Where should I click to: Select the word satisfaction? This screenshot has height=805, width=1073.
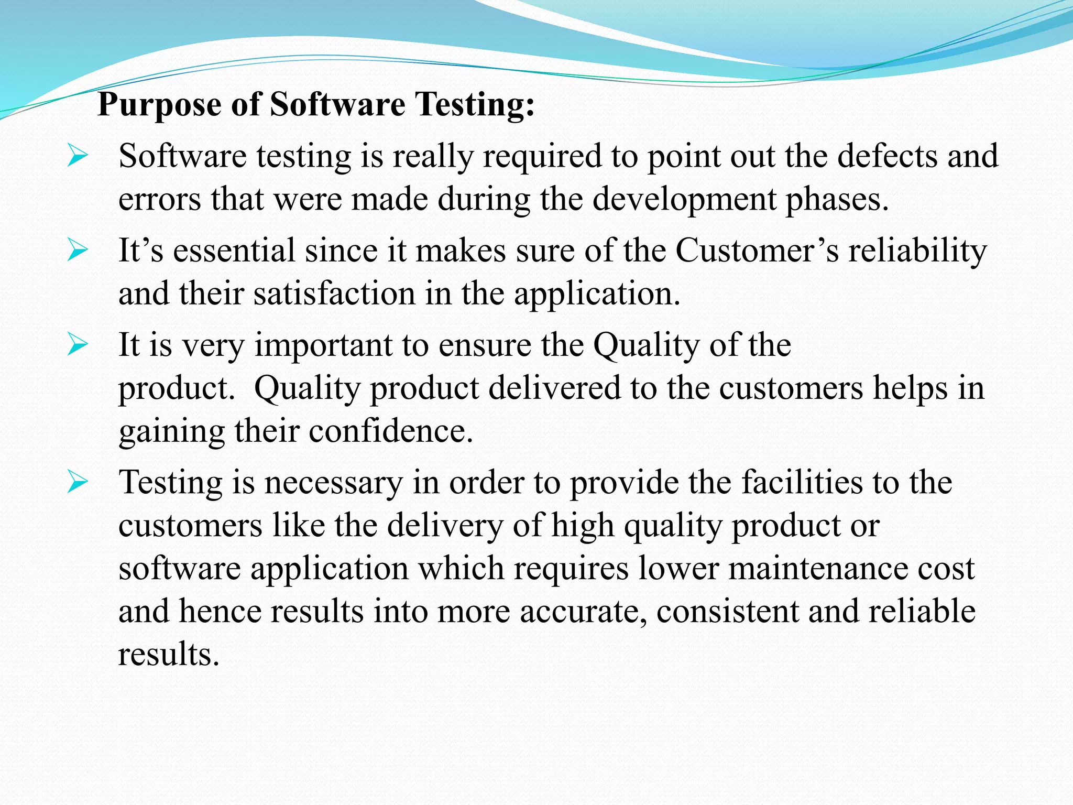[x=334, y=293]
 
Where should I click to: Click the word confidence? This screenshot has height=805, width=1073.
[x=390, y=431]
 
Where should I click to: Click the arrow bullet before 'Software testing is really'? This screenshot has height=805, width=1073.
[x=78, y=157]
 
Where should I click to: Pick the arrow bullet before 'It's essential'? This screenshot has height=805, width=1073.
[x=78, y=251]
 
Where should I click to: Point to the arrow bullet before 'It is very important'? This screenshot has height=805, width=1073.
[x=78, y=345]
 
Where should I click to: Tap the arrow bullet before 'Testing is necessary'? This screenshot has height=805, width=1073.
[x=78, y=483]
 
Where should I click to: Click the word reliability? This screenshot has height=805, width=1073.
[x=917, y=251]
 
